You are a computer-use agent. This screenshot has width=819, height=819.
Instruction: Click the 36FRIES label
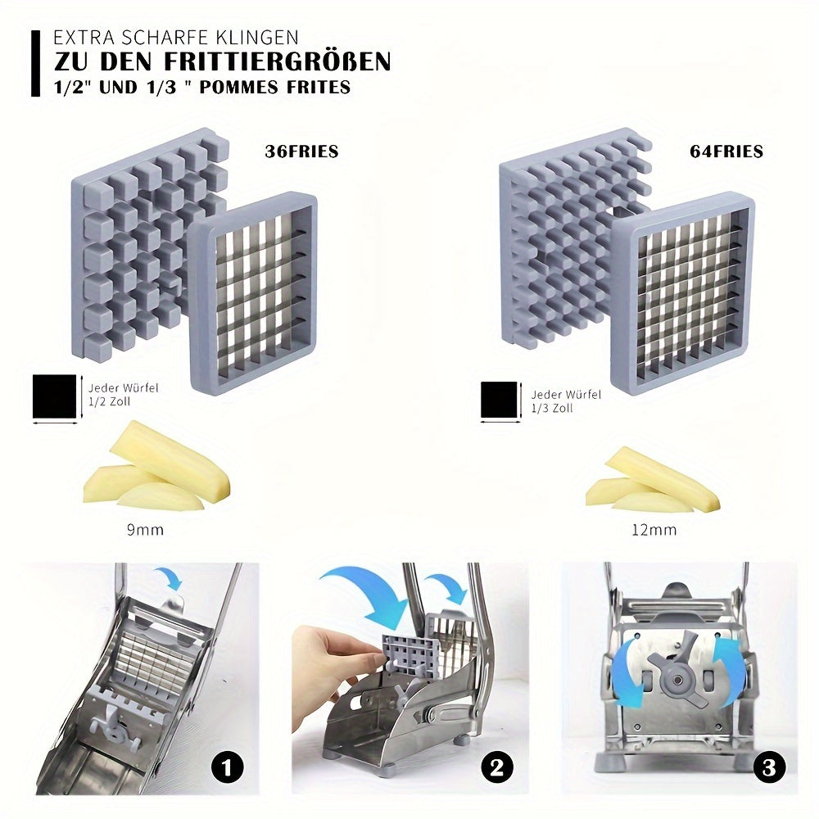(x=301, y=152)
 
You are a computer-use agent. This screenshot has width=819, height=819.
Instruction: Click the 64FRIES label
(x=726, y=152)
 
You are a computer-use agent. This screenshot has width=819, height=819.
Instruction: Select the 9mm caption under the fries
(x=144, y=530)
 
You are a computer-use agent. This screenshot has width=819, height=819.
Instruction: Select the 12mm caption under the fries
(x=654, y=530)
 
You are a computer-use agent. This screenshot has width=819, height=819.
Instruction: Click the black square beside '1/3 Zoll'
(x=500, y=400)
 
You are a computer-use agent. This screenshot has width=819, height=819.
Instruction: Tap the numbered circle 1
(x=228, y=767)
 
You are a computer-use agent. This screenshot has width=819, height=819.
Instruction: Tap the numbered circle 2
(x=496, y=767)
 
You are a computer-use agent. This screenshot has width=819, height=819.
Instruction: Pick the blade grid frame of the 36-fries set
(x=251, y=291)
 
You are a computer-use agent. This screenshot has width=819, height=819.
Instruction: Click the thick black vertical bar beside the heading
(x=35, y=64)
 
